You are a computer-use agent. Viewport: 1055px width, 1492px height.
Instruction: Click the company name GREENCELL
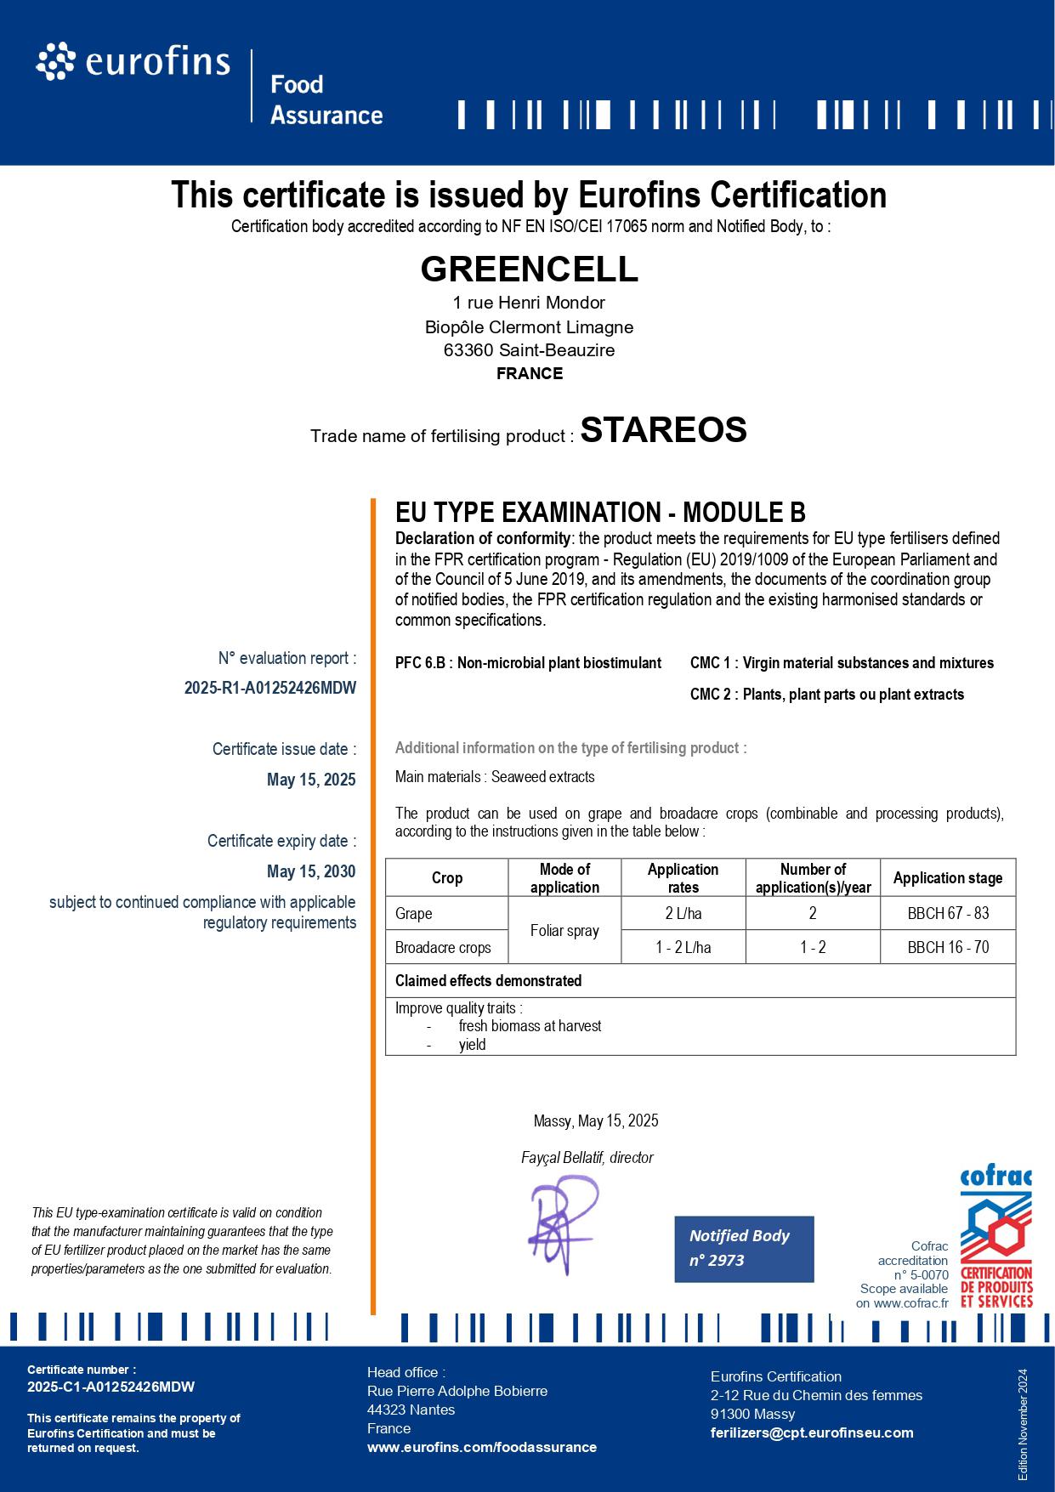(529, 269)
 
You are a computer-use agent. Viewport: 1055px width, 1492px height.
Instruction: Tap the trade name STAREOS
(663, 429)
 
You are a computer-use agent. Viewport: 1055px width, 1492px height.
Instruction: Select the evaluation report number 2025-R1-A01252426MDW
(270, 688)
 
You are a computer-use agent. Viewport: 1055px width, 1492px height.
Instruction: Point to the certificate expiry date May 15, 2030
(311, 871)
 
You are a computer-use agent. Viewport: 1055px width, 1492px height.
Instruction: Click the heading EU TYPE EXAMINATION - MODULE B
(600, 513)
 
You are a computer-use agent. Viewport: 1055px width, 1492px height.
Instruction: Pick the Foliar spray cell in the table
(564, 930)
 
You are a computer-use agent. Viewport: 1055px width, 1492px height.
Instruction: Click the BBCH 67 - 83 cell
(948, 913)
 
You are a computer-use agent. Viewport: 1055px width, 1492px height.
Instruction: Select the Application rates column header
(683, 877)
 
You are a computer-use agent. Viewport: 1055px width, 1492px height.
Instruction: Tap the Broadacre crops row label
(443, 947)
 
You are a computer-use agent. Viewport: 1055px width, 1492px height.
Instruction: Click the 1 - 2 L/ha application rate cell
(683, 947)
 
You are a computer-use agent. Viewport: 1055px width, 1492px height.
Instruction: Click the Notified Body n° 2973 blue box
(744, 1248)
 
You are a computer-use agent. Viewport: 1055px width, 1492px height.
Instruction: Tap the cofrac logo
(995, 1239)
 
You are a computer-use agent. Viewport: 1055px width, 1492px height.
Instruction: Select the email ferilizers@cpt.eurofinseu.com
(812, 1432)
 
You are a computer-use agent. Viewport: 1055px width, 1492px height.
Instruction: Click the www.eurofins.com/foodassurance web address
(481, 1447)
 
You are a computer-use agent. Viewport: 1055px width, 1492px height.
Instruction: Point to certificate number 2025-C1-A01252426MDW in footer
(111, 1387)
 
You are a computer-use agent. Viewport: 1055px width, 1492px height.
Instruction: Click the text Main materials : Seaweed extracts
(495, 777)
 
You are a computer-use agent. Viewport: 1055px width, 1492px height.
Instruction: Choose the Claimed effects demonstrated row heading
(488, 981)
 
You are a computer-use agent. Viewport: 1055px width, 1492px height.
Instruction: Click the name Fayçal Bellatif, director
(587, 1158)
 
